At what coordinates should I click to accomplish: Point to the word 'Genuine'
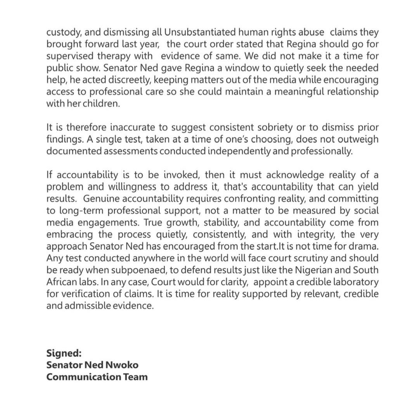pos(102,199)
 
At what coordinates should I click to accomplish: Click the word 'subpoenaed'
pos(134,270)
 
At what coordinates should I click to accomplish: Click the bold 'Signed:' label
pos(64,354)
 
